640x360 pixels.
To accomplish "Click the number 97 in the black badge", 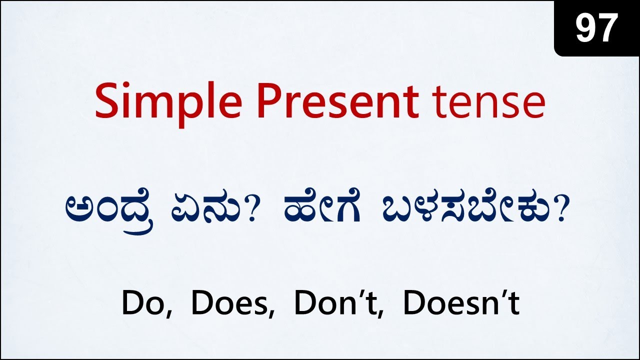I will (x=597, y=28).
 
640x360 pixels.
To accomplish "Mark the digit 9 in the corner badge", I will (x=585, y=28).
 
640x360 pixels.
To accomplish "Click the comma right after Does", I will (x=272, y=314).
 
